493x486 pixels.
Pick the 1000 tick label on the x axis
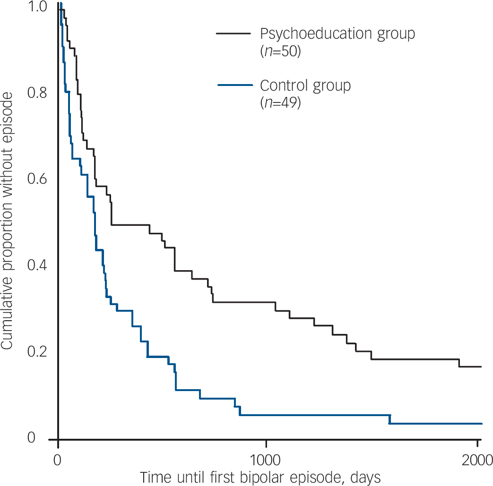tap(266, 459)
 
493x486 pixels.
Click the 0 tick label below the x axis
tap(58, 459)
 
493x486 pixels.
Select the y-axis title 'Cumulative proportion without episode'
tap(8, 221)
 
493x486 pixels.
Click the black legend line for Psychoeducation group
tap(233, 34)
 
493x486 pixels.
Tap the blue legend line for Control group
tap(234, 85)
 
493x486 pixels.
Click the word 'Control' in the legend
tap(282, 85)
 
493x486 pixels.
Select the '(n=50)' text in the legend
tap(280, 51)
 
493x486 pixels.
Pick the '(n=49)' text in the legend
tap(280, 103)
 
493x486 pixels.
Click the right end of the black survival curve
tap(481, 367)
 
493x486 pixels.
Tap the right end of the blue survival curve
tap(482, 424)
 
